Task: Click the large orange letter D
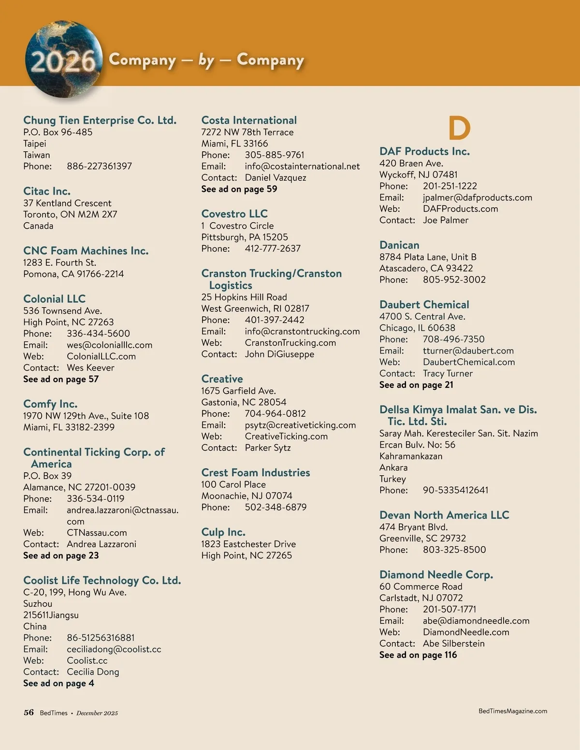tap(459, 128)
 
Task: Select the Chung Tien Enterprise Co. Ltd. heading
tap(100, 120)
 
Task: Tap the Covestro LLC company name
tap(234, 213)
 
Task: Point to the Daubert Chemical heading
tap(424, 305)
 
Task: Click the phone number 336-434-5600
tap(98, 334)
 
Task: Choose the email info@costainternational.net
tap(302, 166)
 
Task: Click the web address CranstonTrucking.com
tap(290, 343)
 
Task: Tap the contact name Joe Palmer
tap(445, 220)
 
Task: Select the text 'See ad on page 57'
tap(61, 379)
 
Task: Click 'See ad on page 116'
tap(418, 655)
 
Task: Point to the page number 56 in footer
tap(29, 712)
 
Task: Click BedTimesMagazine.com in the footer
tap(512, 711)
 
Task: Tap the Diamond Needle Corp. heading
tap(436, 575)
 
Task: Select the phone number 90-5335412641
tap(455, 490)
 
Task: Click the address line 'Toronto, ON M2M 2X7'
tap(70, 214)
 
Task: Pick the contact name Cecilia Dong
tap(93, 672)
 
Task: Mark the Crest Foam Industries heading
tap(256, 472)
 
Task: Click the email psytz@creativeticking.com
tap(300, 425)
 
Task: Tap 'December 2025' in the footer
tap(97, 713)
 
